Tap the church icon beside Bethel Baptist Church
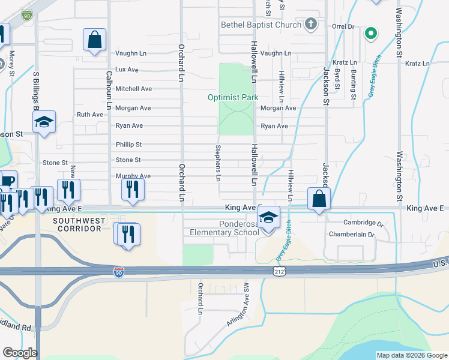click(310, 24)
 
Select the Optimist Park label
click(232, 97)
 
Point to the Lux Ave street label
click(127, 70)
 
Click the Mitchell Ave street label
click(133, 89)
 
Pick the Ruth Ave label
click(90, 114)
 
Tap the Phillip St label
click(128, 145)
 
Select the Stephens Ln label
click(218, 163)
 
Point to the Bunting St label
click(354, 83)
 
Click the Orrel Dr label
click(343, 27)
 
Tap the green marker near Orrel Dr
click(371, 34)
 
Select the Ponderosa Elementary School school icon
click(269, 217)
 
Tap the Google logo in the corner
click(20, 353)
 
